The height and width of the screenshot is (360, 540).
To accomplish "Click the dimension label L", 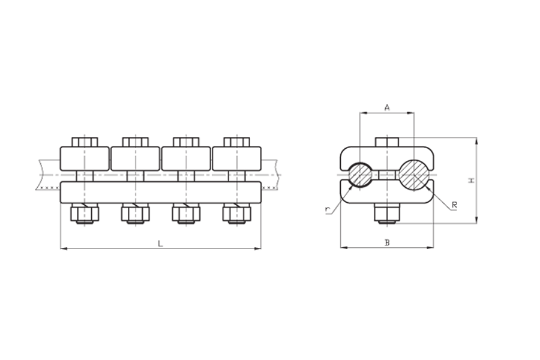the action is coord(160,244).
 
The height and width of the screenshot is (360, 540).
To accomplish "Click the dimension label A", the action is coord(387,108).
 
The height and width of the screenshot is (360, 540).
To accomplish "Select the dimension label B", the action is coord(387,243).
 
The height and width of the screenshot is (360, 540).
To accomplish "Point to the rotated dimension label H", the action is coord(472,180).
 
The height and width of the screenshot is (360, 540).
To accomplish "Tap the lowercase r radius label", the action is coord(327,209).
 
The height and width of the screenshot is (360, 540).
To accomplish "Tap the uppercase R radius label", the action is coord(454,205).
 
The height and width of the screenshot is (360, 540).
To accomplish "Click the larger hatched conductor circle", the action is coord(415,175).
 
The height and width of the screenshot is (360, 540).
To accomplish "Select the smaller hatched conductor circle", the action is coord(360,175).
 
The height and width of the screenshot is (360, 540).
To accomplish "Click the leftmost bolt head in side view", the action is coord(85,142).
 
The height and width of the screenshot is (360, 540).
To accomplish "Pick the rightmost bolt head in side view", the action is coord(236,142).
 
